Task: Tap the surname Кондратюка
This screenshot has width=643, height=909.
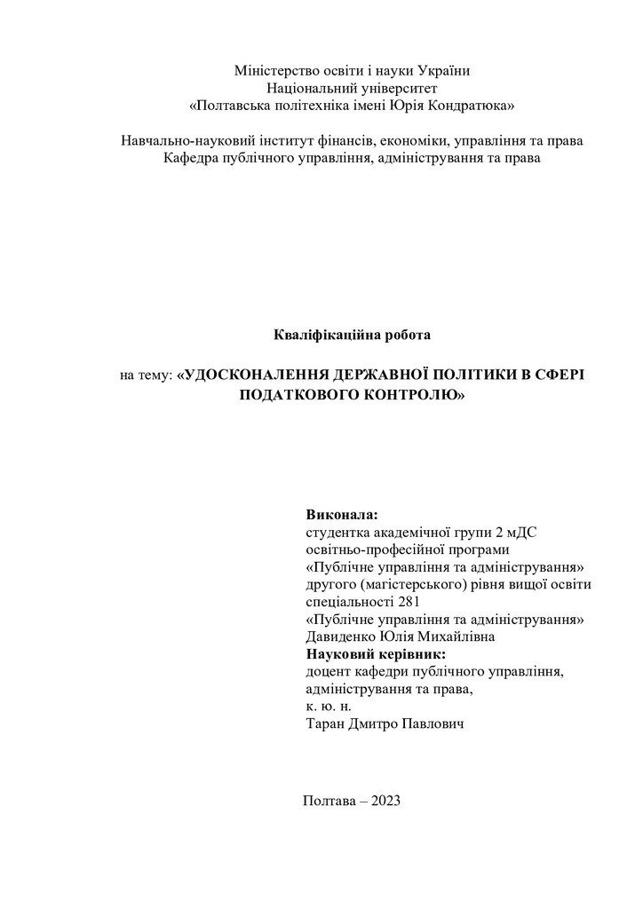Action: [x=475, y=106]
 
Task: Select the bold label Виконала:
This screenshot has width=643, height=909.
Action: [x=341, y=515]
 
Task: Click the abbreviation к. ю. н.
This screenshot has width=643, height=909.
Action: [x=328, y=707]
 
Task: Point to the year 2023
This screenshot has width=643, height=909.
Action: [x=386, y=800]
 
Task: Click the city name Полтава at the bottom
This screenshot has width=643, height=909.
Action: [x=330, y=800]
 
